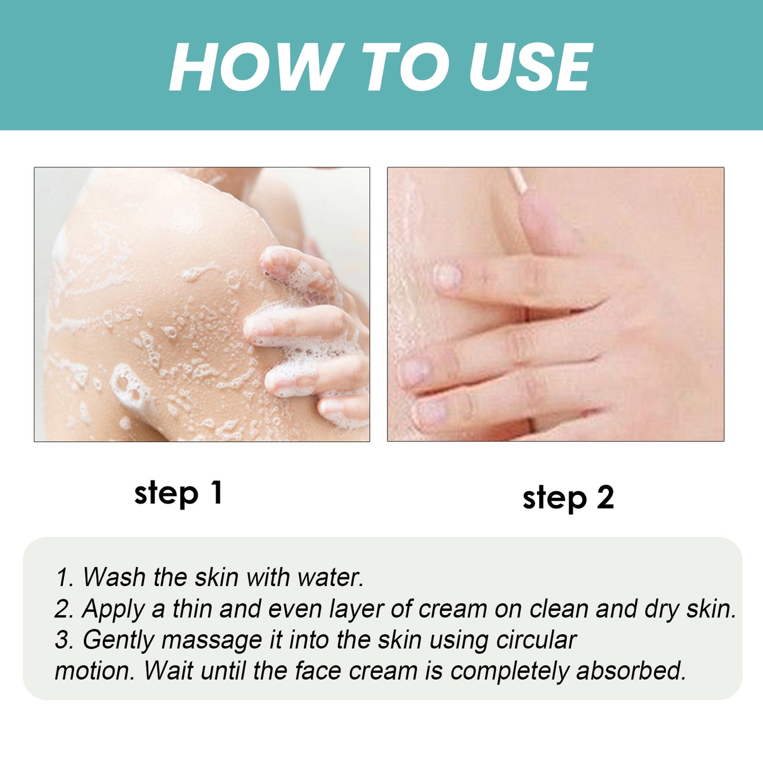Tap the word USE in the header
point(530,68)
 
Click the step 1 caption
point(178,494)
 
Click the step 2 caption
point(568,498)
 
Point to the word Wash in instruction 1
point(114,577)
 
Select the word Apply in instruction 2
point(113,609)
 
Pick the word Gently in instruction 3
point(118,640)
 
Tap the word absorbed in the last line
point(631,671)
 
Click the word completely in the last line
point(510,672)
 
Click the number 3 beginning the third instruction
point(63,640)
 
